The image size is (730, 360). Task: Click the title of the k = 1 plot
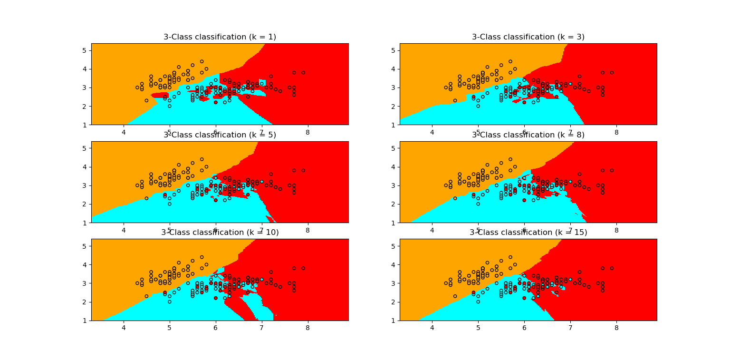tap(220, 37)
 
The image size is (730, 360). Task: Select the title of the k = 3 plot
tap(528, 37)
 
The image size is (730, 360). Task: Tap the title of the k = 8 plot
tap(528, 135)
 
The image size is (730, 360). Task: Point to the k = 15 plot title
tap(528, 233)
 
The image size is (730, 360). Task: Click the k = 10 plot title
tap(220, 233)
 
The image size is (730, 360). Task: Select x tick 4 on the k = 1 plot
tap(124, 132)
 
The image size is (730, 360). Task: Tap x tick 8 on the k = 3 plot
tap(616, 132)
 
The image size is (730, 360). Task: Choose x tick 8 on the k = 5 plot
tap(307, 230)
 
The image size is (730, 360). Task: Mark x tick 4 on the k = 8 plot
tap(432, 230)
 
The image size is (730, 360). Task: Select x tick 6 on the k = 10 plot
tap(216, 328)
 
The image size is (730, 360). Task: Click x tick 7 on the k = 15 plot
tap(570, 328)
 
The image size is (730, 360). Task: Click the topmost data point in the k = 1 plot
tap(202, 61)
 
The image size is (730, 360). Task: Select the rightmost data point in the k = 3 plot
tap(612, 73)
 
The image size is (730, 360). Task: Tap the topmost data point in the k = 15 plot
tap(510, 257)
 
